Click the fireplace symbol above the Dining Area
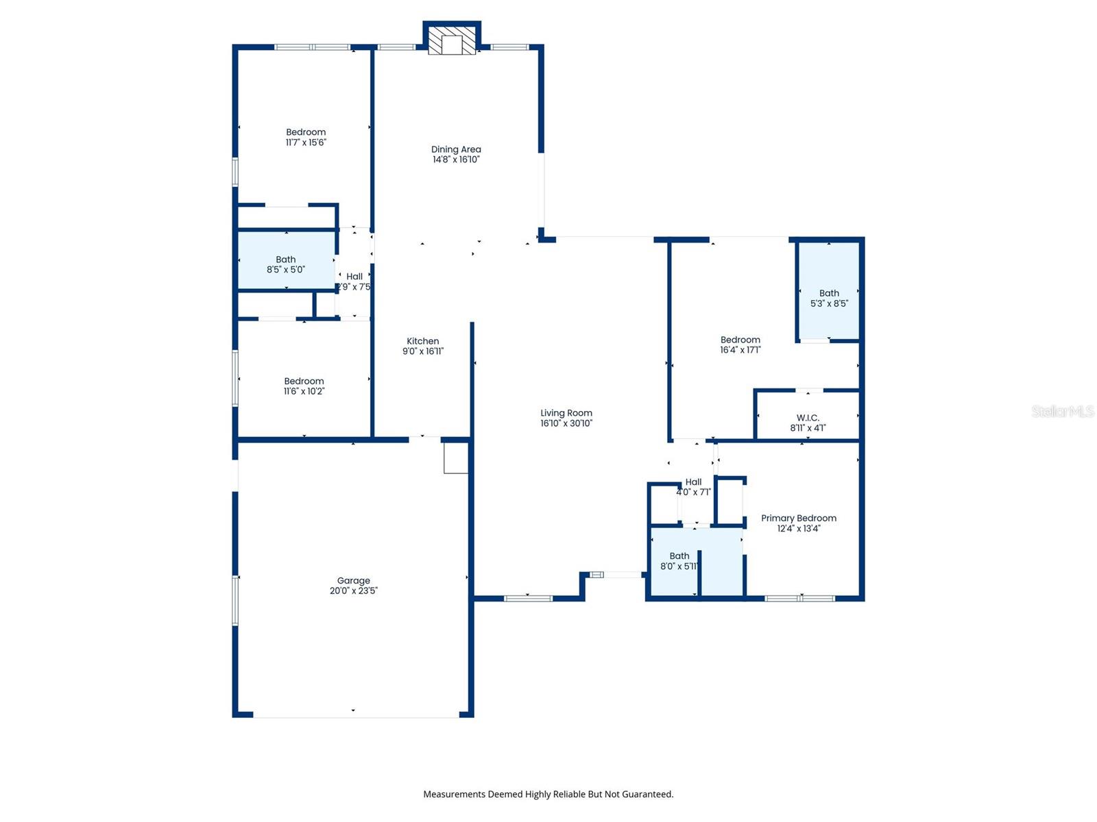coord(452,40)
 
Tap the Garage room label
coord(353,581)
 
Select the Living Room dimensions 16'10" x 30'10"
coord(566,423)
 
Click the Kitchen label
coord(422,341)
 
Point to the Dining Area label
coord(456,149)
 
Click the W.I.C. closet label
coord(808,418)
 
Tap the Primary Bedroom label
coord(799,519)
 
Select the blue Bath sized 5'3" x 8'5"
coord(829,298)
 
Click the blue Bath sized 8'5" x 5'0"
coord(286,264)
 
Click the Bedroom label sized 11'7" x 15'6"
coord(306,132)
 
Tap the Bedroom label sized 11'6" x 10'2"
coord(304,382)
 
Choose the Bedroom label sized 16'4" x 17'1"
coord(740,340)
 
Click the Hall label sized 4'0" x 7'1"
coord(693,482)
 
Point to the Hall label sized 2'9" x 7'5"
coord(354,277)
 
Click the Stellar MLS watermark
coord(1062,411)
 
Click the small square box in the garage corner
coord(455,458)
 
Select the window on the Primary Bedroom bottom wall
coord(799,599)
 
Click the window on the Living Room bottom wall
coord(528,599)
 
